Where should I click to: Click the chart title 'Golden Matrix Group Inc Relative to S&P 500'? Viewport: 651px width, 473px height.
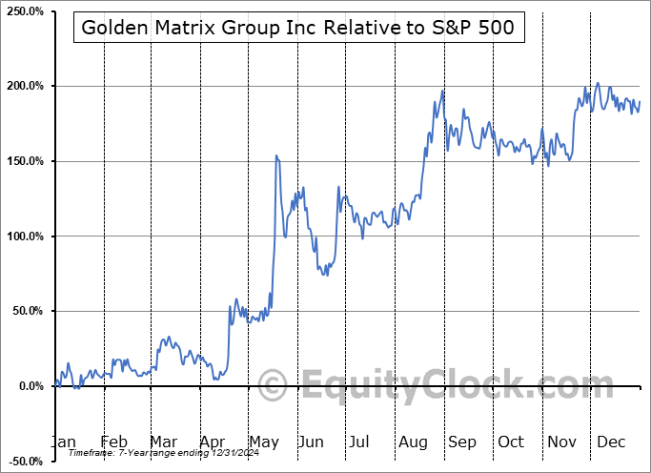pos(297,28)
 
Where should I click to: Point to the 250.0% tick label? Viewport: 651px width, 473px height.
pos(24,11)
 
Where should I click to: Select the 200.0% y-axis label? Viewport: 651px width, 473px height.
pos(24,86)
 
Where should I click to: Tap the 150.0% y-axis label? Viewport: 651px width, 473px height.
pos(24,161)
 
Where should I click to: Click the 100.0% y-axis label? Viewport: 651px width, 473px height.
pos(24,236)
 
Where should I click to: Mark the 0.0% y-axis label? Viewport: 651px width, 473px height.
pos(29,386)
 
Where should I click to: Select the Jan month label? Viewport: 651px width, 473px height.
pos(63,442)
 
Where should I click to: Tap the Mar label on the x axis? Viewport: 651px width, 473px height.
pos(163,442)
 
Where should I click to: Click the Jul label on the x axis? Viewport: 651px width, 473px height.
pos(359,442)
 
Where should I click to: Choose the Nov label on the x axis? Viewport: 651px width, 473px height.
pos(560,442)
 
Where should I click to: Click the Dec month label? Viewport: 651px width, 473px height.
pos(610,442)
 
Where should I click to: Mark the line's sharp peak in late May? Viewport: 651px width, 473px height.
pos(276,155)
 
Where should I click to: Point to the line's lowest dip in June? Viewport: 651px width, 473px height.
pos(326,275)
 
